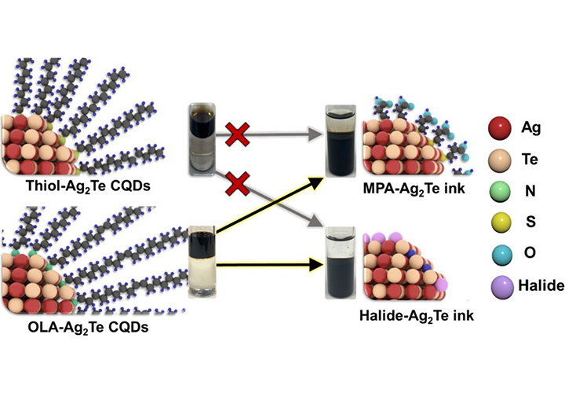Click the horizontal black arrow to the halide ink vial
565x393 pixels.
(271, 265)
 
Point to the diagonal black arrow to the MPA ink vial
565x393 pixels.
(271, 207)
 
